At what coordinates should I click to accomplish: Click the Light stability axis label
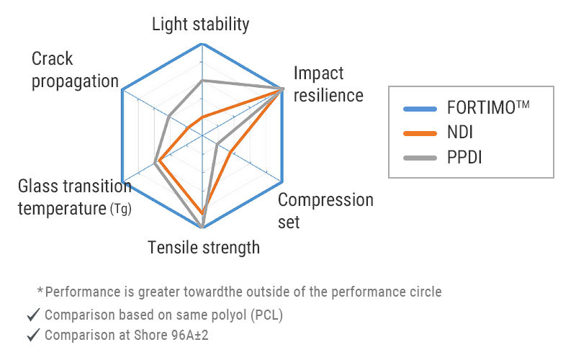(x=200, y=24)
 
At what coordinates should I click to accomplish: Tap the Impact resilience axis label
(x=328, y=84)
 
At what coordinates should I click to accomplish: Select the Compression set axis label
(x=325, y=210)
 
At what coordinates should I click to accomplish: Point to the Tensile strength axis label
(x=204, y=248)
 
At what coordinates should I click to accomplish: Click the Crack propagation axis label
(x=75, y=70)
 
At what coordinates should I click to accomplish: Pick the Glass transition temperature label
(x=73, y=198)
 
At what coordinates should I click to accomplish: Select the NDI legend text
(x=460, y=132)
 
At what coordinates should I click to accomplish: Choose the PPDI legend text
(x=464, y=156)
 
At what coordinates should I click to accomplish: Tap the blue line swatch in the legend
(x=420, y=109)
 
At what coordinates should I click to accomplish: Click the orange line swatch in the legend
(x=420, y=132)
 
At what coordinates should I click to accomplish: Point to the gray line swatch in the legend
(x=420, y=157)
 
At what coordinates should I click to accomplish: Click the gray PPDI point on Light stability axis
(x=202, y=80)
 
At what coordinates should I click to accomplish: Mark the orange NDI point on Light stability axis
(x=202, y=117)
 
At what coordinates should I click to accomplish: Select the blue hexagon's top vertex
(x=202, y=45)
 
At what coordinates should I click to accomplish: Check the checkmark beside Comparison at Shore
(x=32, y=335)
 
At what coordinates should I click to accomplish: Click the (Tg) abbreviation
(x=120, y=210)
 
